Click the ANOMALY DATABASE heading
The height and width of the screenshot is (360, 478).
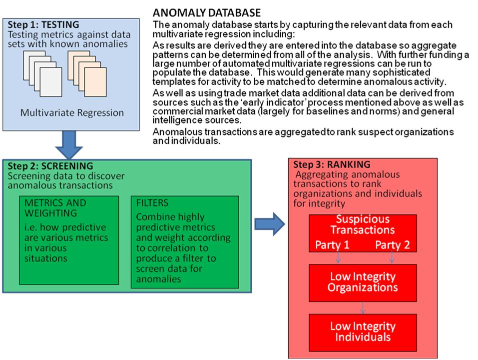click(207, 13)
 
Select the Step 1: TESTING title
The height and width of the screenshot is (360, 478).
click(43, 24)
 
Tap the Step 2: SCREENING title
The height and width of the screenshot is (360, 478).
click(50, 166)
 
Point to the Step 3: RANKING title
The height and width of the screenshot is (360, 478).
click(332, 164)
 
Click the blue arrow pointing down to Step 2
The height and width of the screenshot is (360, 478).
click(69, 145)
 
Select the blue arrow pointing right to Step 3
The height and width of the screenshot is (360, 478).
click(270, 224)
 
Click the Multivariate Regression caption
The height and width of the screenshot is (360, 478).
click(72, 113)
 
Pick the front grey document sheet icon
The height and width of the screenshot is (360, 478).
click(51, 82)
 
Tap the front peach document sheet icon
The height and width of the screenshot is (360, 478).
click(95, 82)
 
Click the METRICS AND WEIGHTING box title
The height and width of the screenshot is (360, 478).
click(55, 208)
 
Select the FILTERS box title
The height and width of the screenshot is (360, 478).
click(152, 203)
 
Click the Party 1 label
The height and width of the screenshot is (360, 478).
click(332, 244)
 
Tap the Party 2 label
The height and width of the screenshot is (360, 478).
click(392, 244)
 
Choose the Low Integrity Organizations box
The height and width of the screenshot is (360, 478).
click(363, 283)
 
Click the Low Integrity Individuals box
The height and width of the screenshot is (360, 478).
click(363, 332)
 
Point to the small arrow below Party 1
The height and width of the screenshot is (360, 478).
click(338, 257)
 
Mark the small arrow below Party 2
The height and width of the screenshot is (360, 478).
click(392, 257)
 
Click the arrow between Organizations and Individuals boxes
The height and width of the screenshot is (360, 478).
click(363, 308)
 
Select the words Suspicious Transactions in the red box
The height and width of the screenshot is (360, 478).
click(363, 224)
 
